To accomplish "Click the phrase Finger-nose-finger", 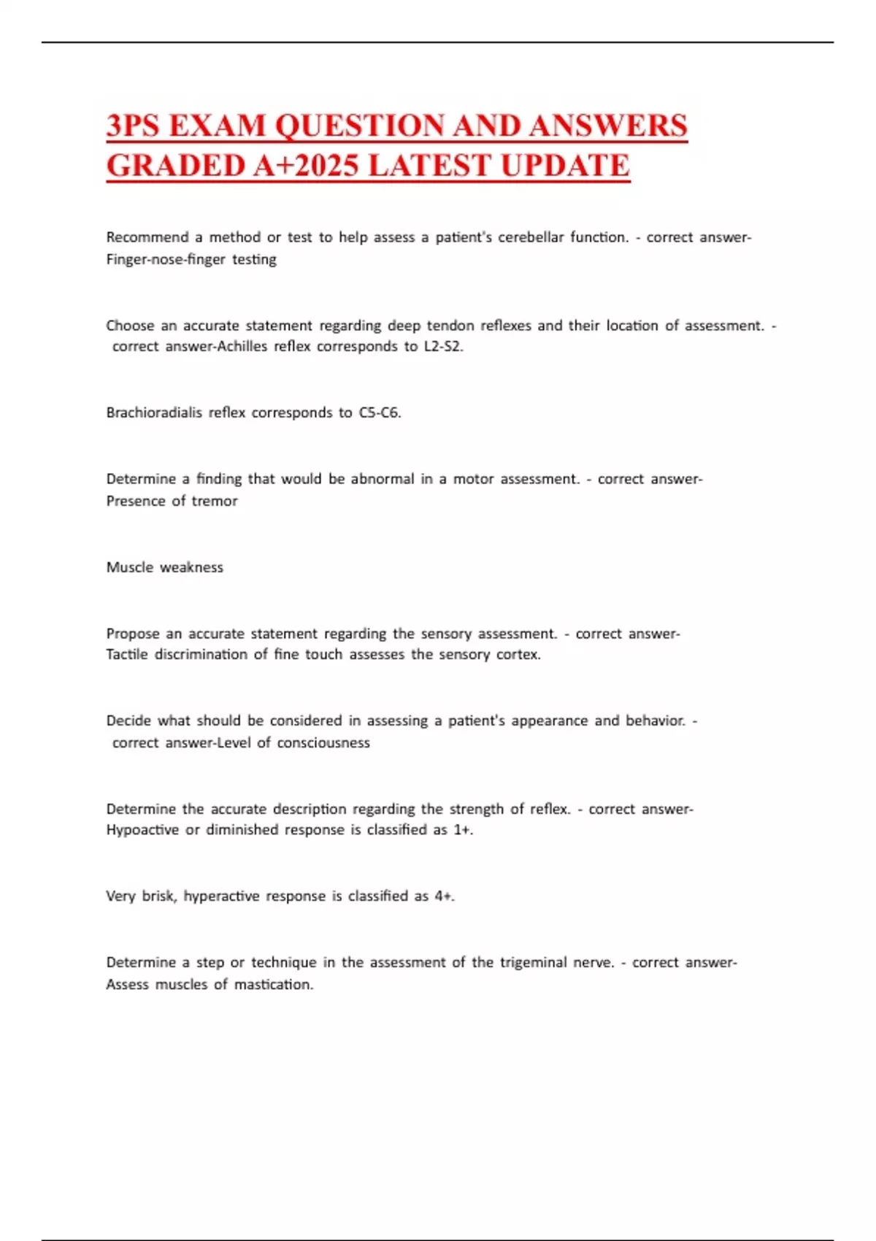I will click(166, 259).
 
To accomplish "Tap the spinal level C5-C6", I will click(380, 412).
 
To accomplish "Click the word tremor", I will click(215, 501).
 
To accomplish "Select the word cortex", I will click(518, 654).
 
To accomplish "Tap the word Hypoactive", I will click(142, 829).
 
